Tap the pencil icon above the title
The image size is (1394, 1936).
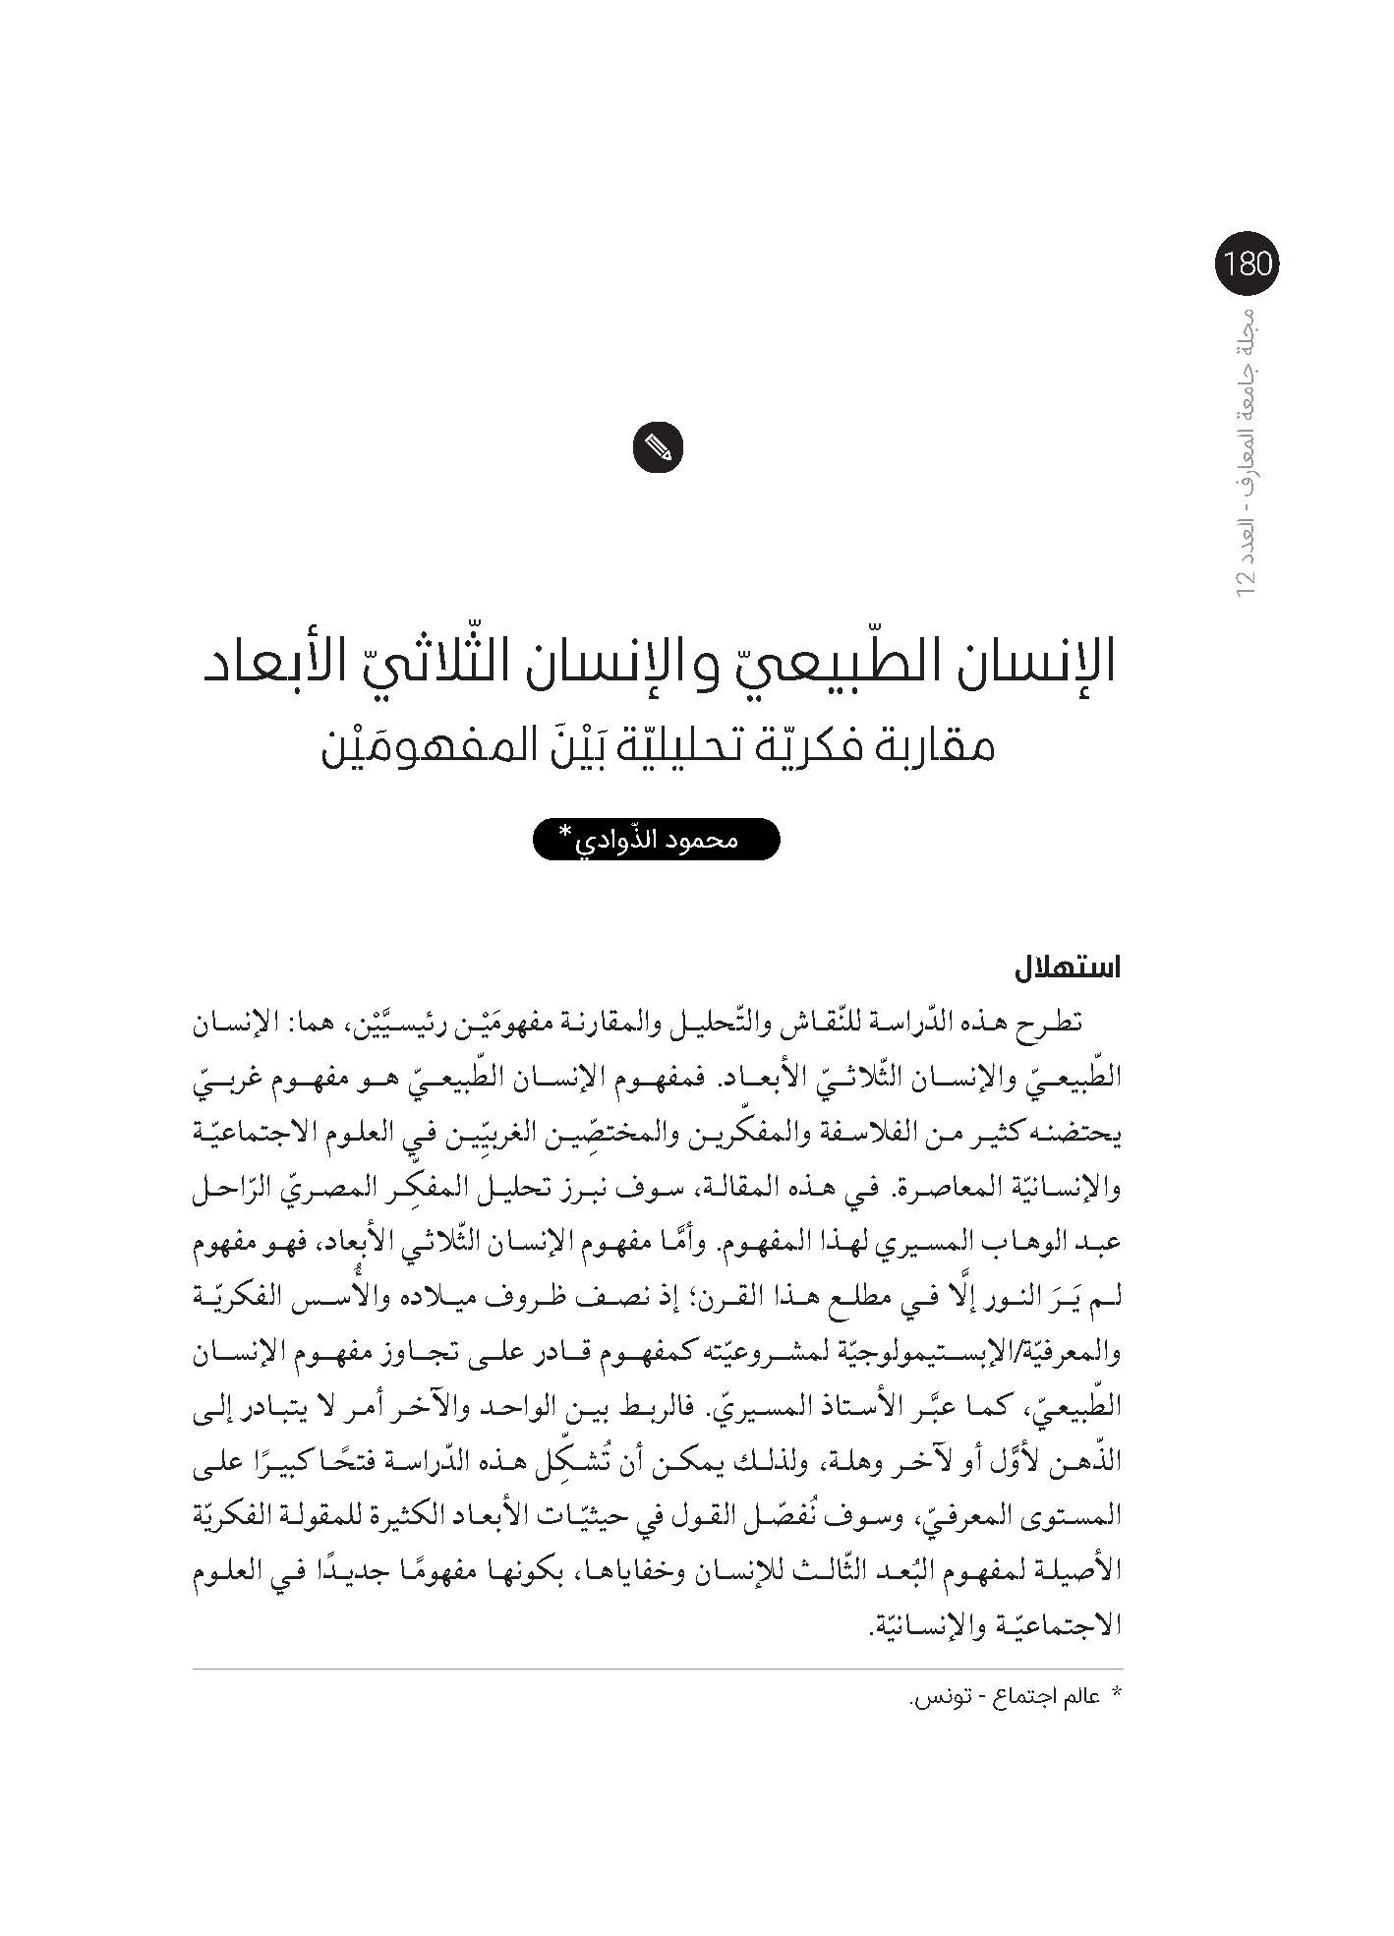click(659, 449)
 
